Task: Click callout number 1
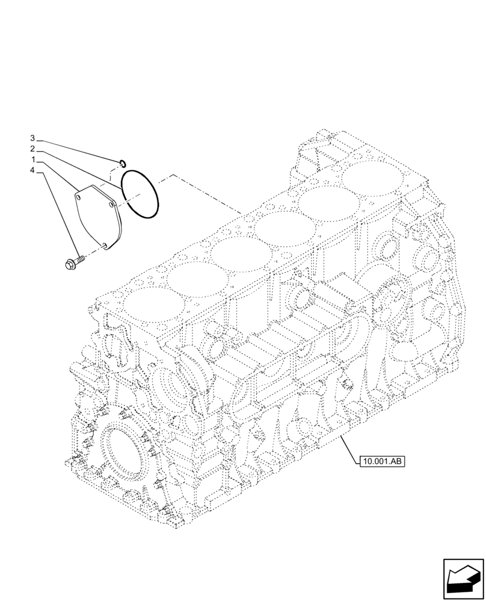click(34, 160)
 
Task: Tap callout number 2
click(34, 149)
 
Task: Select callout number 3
click(34, 138)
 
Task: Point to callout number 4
click(34, 171)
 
